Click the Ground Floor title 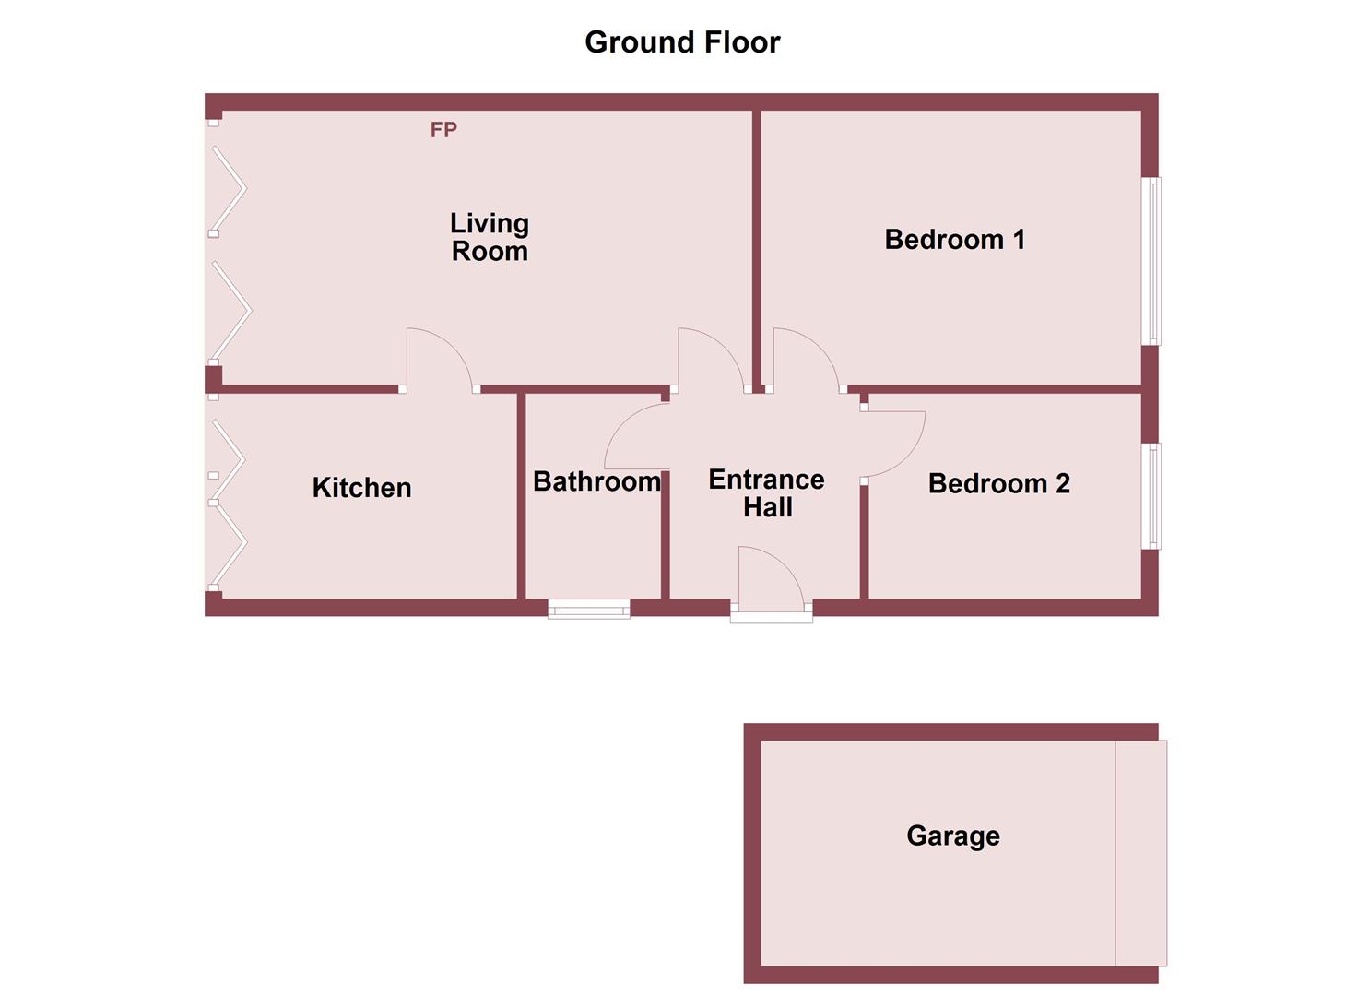point(682,42)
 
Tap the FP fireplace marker point(443,130)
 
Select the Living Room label point(490,237)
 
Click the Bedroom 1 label point(954,240)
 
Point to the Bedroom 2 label point(998,483)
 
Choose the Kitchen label point(361,487)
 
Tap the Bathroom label point(596,481)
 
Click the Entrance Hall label point(766,492)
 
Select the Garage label point(953,836)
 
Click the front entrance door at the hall point(771,581)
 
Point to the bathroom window point(588,608)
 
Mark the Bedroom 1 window point(1151,261)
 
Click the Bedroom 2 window point(1151,496)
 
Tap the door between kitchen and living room point(438,360)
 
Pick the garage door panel point(1140,853)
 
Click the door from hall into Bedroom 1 point(804,360)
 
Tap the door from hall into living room point(709,360)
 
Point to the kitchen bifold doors point(228,503)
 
